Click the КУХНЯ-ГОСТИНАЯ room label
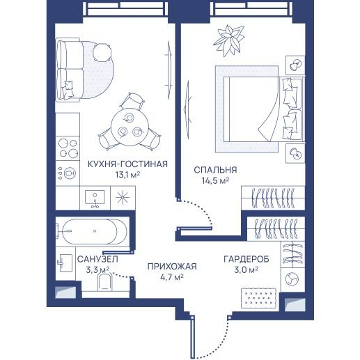[127, 164]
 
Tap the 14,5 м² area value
[215, 180]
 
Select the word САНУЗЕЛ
[97, 259]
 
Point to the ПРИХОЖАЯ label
[172, 266]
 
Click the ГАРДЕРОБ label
[246, 259]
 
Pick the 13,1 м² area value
[127, 175]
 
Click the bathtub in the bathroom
[95, 231]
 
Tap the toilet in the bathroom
[105, 282]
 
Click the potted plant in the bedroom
[229, 41]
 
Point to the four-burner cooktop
[68, 148]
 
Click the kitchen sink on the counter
[95, 198]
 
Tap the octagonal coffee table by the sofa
[102, 52]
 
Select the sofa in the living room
[70, 70]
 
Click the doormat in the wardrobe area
[258, 298]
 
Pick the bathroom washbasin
[65, 263]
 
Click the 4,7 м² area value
[172, 277]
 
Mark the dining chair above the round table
[132, 100]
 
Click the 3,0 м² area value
[246, 269]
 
